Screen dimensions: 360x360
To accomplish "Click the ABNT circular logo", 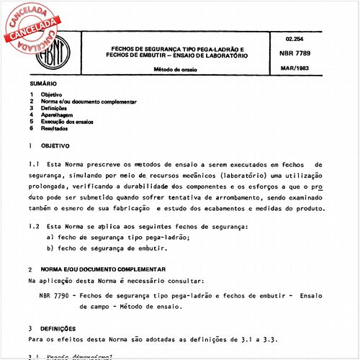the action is point(68,53).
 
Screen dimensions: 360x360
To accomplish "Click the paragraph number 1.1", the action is point(33,165).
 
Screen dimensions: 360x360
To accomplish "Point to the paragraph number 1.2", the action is point(33,227).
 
